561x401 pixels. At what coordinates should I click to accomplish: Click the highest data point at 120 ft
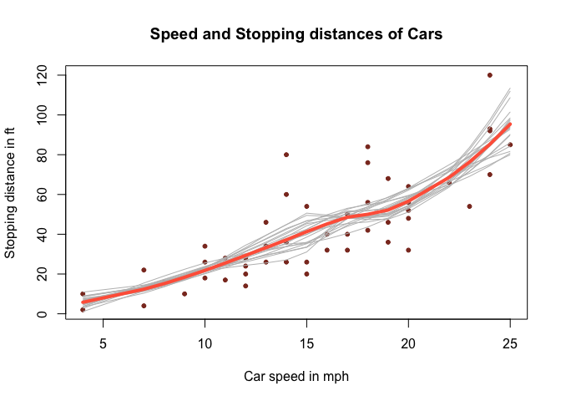click(x=490, y=75)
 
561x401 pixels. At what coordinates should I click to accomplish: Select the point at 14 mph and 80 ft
click(x=286, y=155)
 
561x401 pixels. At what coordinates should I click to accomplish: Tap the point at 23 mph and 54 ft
click(x=469, y=206)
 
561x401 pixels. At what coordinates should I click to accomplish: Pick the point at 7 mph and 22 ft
click(x=144, y=270)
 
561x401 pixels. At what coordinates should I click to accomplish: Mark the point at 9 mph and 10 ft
click(x=184, y=294)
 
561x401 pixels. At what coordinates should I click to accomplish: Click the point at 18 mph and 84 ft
click(x=367, y=147)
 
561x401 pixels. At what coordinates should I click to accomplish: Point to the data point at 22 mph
click(x=449, y=182)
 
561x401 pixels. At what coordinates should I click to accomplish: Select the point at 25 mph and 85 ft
click(x=510, y=145)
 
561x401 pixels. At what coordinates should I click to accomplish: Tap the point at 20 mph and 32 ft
click(x=408, y=250)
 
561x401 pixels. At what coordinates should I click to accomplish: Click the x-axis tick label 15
click(x=306, y=343)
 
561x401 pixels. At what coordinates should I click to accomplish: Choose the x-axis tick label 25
click(x=510, y=343)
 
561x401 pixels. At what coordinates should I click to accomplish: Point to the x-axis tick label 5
click(x=103, y=343)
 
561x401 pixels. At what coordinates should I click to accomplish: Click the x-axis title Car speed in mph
click(x=296, y=377)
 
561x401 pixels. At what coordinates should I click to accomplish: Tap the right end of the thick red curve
click(x=510, y=124)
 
